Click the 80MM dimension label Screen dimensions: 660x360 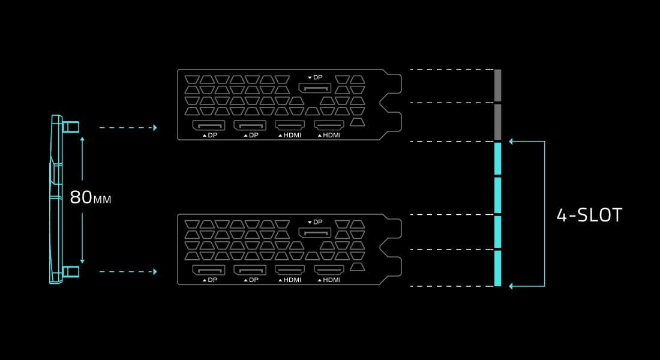coord(91,197)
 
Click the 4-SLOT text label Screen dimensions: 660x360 coord(589,215)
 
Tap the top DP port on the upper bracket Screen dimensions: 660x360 coord(315,88)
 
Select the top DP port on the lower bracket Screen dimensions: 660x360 coord(315,232)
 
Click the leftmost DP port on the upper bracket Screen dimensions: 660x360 coord(209,125)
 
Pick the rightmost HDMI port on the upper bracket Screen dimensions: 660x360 coord(329,125)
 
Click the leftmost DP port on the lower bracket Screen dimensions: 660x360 coord(209,270)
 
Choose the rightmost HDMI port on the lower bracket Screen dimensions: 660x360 coord(329,270)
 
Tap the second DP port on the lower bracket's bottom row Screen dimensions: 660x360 coord(250,270)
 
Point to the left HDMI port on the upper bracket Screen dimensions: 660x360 coord(290,125)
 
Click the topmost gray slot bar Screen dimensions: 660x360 coord(497,85)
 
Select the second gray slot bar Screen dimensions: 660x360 coord(497,122)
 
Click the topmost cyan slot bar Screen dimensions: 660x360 coord(497,159)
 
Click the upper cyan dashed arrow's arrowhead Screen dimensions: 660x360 coord(155,128)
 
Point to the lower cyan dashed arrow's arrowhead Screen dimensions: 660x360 coord(155,272)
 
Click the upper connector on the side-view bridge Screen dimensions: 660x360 coord(70,127)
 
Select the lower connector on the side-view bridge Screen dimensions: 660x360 coord(70,272)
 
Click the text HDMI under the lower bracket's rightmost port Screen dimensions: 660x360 coord(332,280)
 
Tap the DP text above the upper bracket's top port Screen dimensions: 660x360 coord(318,77)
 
